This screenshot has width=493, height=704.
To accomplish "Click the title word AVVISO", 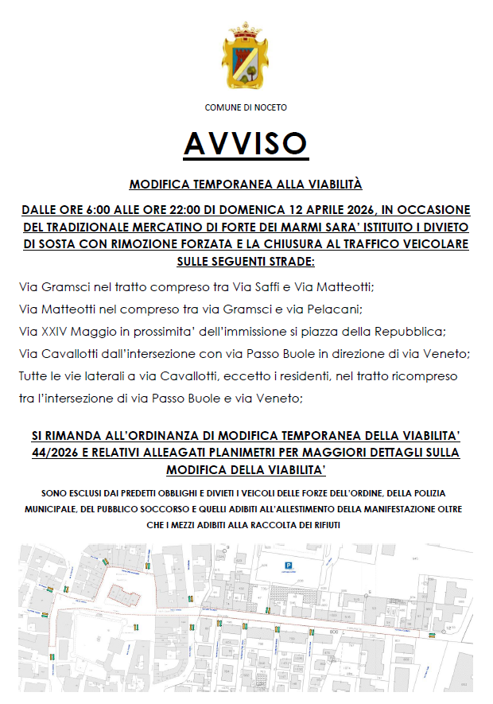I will [x=246, y=143].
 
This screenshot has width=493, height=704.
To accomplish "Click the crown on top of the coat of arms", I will [x=246, y=33].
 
